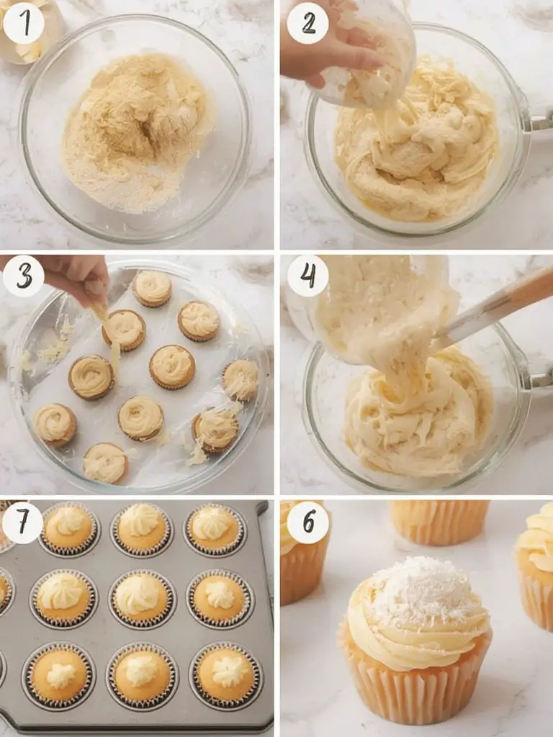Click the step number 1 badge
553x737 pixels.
23,23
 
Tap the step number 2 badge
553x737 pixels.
307,23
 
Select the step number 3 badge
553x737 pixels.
24,276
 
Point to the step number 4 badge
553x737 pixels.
307,276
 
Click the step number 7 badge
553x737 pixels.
22,523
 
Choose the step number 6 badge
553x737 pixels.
307,523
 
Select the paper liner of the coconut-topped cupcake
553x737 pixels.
415,682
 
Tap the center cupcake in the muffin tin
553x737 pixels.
142,599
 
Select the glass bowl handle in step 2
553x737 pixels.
541,121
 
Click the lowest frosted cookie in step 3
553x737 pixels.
105,463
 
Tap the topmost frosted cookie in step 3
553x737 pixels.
152,289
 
